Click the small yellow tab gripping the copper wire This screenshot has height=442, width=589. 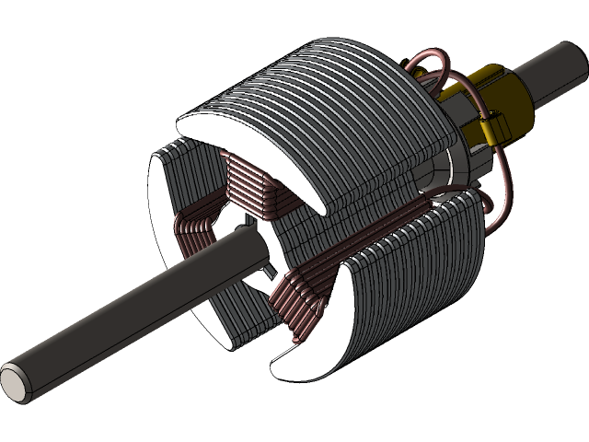487,129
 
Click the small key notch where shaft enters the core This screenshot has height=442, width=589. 269,271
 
